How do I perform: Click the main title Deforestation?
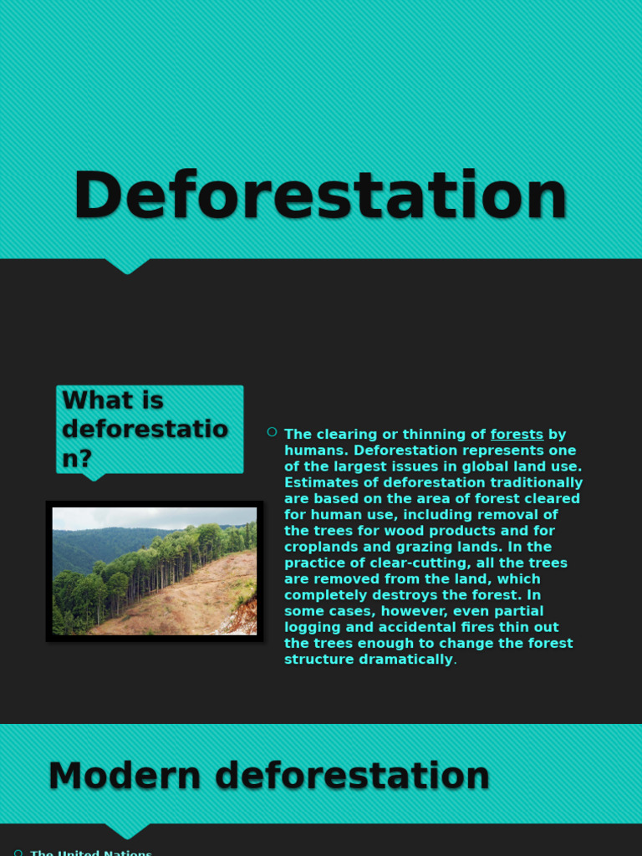point(320,196)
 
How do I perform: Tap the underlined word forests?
point(517,435)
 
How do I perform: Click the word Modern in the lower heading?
point(125,776)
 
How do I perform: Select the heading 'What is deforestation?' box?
point(150,429)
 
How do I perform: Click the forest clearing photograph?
point(155,571)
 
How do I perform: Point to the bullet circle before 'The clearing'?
point(272,432)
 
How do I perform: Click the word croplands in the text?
point(323,548)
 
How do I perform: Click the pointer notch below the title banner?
point(128,266)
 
